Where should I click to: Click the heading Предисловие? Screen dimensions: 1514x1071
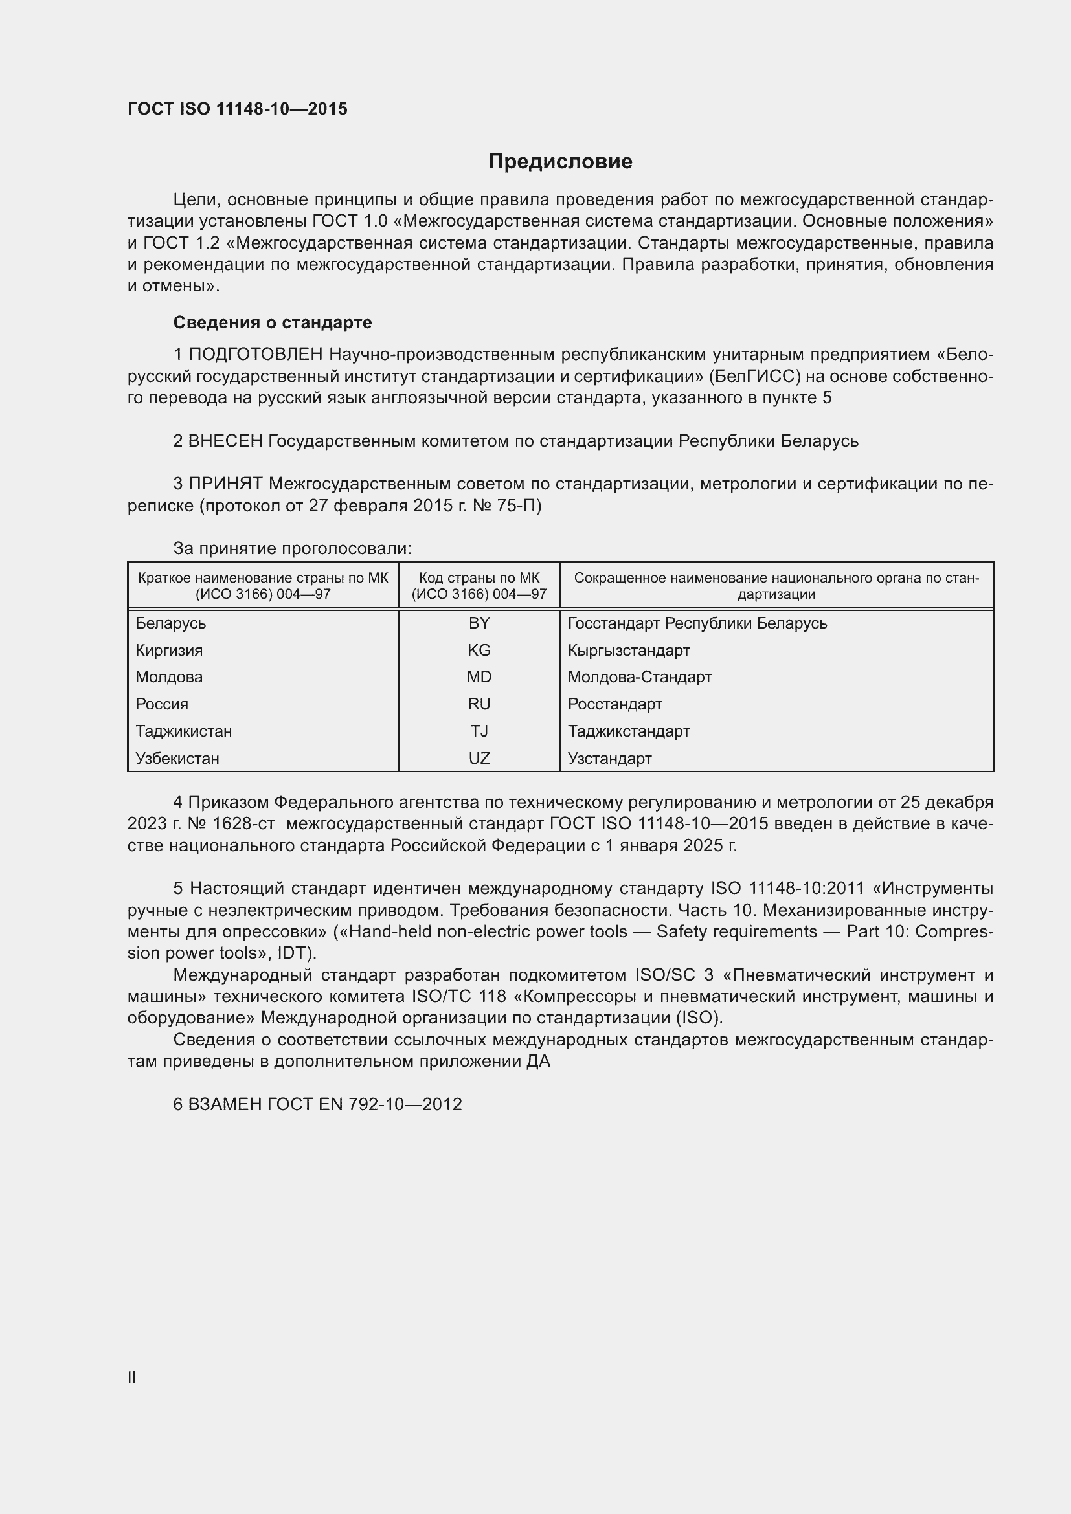(x=560, y=162)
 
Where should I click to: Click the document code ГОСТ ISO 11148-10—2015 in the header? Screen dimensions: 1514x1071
(x=238, y=109)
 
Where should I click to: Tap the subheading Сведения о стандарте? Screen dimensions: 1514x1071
(x=273, y=322)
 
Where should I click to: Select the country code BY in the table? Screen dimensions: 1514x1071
(x=479, y=623)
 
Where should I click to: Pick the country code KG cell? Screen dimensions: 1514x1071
(x=479, y=650)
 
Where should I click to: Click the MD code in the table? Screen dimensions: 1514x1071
(x=479, y=677)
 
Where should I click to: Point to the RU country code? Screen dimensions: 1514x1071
(x=479, y=704)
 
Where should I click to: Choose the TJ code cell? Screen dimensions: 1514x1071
(x=479, y=731)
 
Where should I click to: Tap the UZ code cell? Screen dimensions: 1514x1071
(x=479, y=759)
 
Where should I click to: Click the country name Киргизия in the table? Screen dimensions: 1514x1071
(x=169, y=650)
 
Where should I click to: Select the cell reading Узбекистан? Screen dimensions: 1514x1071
(x=177, y=759)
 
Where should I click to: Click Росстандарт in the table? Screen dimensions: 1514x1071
(x=614, y=704)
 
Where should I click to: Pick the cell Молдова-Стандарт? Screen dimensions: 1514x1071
(x=639, y=677)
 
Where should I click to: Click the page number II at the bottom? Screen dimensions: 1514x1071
(x=132, y=1377)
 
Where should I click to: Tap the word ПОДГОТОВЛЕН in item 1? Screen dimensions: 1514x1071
(x=256, y=355)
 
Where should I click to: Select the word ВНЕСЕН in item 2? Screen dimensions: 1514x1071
(x=225, y=441)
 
